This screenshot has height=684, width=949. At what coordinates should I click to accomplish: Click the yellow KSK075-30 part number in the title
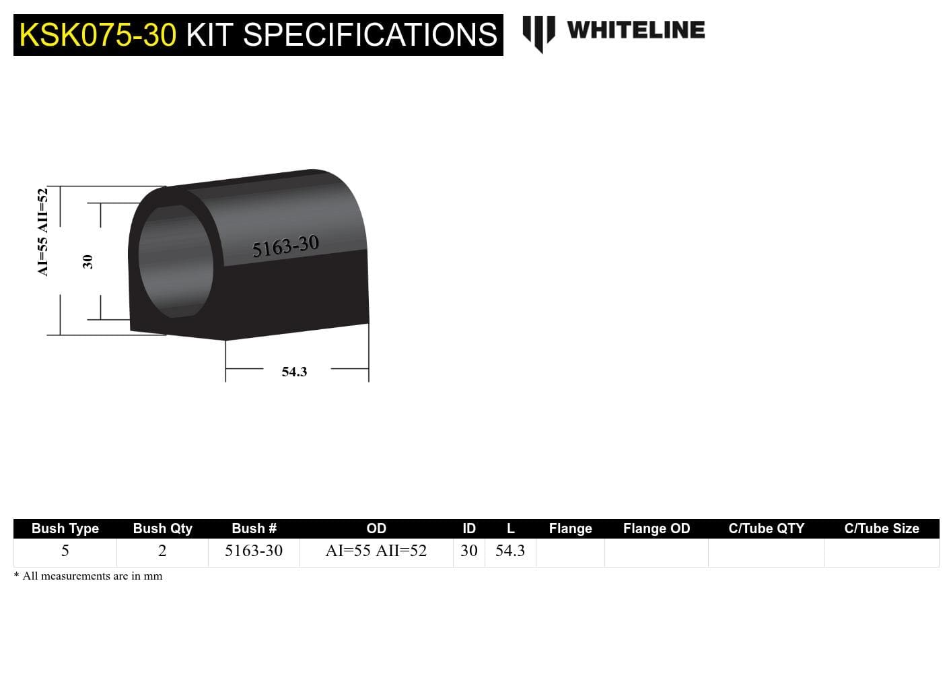coord(98,35)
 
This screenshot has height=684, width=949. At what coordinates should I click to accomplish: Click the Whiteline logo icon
coord(538,33)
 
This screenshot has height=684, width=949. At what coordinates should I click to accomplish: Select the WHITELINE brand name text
coord(635,30)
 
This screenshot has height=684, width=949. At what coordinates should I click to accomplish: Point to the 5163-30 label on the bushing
coord(285,246)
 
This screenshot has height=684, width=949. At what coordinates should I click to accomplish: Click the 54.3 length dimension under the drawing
coord(294,372)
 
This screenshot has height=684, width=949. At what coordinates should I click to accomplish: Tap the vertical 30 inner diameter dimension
coord(87,261)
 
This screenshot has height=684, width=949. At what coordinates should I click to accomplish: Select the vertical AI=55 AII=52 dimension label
coord(43,232)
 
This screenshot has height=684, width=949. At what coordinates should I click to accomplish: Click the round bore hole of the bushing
coord(176,261)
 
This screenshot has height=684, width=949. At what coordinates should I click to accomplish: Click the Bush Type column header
coord(65,528)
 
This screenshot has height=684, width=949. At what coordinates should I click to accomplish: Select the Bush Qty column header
coord(162,528)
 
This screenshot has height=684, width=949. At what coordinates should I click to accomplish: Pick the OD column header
coord(376,528)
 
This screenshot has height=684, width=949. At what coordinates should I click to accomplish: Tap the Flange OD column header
coord(656,528)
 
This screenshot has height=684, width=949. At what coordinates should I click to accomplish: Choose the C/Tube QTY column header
coord(766,528)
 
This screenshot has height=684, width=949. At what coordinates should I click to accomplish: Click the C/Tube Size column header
coord(881,528)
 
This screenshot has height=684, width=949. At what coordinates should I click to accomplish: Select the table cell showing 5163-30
coord(254,551)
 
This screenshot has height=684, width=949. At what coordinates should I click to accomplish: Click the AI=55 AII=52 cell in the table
coord(376,551)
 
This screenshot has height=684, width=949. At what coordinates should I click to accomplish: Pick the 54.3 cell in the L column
coord(510,551)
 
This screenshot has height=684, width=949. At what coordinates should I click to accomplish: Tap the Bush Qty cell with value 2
coord(162,551)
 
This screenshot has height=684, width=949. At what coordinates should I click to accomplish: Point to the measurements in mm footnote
coord(88,576)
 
